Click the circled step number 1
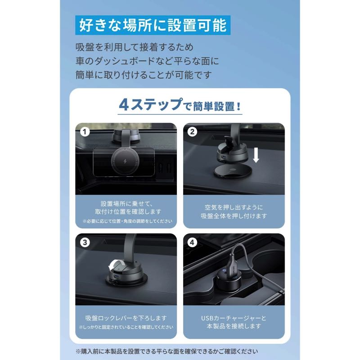[83, 132]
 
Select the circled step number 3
[83, 242]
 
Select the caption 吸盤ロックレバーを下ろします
[126, 318]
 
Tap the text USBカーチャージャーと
[234, 318]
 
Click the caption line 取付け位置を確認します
[126, 211]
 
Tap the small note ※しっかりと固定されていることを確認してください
[126, 328]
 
